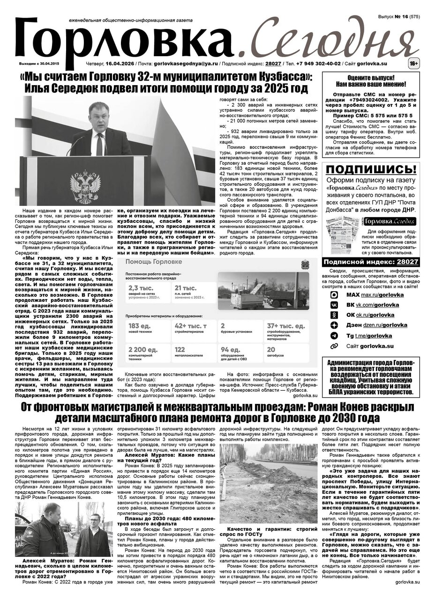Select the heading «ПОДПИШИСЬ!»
coord(371,169)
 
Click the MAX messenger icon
coord(334,295)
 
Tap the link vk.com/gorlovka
coord(378,305)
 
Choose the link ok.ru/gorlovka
coord(378,315)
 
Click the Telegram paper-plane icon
coord(334,336)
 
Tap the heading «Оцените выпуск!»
coord(371,77)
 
